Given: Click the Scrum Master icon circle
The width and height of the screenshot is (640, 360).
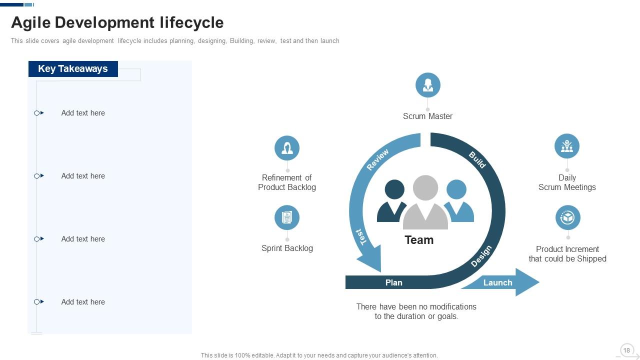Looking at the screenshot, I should (427, 85).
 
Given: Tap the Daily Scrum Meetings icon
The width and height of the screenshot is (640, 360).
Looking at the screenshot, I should (566, 146).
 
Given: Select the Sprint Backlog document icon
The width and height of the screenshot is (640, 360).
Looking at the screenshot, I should (287, 217).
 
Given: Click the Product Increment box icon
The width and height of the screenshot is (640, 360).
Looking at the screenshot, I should (567, 217).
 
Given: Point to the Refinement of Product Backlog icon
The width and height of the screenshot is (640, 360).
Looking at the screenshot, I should (287, 148).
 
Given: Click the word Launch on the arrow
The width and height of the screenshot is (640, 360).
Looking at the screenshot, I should (497, 282).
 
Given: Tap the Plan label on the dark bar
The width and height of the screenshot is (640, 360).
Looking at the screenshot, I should (393, 282).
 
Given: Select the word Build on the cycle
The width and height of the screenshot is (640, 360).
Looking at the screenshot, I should (477, 159).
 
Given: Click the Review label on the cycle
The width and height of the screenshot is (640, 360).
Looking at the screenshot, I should (377, 160).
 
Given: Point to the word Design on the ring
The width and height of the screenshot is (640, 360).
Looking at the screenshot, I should (481, 256).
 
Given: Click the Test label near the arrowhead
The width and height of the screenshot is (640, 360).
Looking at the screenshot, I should (361, 236).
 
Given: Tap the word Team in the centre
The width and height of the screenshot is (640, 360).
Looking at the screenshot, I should (419, 240).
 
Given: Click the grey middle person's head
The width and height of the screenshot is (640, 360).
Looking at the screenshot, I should (425, 187).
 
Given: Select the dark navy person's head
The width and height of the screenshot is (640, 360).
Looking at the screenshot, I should (394, 189).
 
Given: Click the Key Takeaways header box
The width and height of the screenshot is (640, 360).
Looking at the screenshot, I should (73, 69).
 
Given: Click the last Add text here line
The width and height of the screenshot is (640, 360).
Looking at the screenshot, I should (83, 302).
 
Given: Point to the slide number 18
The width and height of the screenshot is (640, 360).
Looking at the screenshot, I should (626, 350).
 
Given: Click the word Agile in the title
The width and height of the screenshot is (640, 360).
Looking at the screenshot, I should (30, 22).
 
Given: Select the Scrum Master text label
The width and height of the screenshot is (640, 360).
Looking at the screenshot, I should (427, 116).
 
